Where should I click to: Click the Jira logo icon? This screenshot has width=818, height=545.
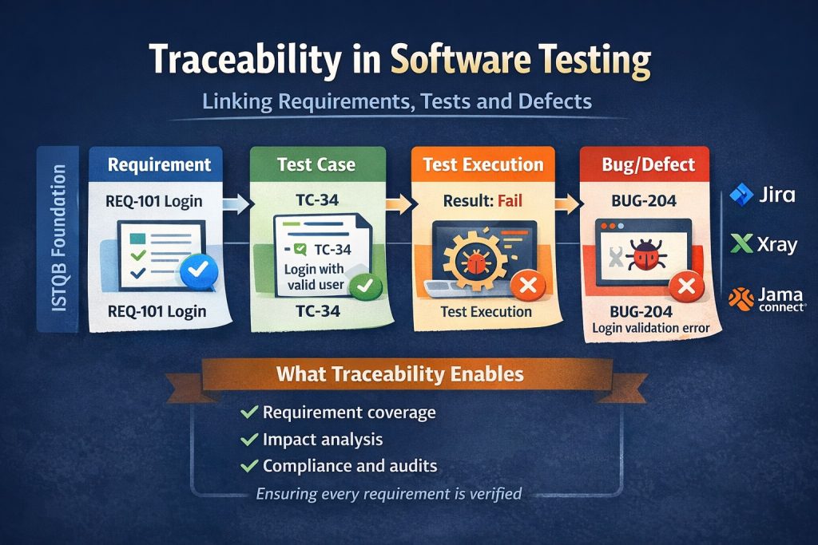click(741, 195)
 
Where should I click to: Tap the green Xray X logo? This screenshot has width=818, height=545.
click(742, 243)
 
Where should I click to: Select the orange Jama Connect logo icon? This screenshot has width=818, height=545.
click(741, 299)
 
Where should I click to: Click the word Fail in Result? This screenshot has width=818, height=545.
click(510, 200)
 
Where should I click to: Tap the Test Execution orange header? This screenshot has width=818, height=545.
click(483, 164)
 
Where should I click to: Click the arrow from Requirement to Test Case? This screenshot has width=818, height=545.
click(236, 203)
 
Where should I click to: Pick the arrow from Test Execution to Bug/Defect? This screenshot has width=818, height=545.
click(567, 203)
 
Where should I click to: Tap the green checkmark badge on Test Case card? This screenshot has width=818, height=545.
click(365, 286)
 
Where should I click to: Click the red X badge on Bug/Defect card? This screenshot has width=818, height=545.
click(686, 286)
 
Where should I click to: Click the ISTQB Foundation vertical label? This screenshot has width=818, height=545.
click(59, 238)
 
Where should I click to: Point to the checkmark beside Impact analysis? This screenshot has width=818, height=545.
click(249, 439)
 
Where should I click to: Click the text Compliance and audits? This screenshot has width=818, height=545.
click(350, 466)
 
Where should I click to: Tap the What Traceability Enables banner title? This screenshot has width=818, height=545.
click(400, 374)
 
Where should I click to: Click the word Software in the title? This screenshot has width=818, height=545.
click(460, 60)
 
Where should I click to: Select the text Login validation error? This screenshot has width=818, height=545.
click(650, 328)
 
